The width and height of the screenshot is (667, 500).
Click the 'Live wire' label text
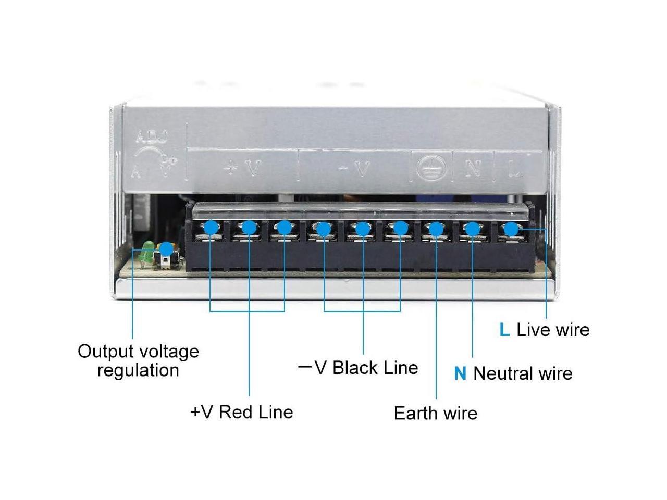click(x=553, y=330)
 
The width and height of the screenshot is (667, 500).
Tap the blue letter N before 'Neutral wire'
click(x=460, y=373)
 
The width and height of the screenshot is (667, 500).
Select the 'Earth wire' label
click(x=435, y=413)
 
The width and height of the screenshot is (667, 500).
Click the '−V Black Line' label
click(x=359, y=368)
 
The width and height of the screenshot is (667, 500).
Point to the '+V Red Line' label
click(x=242, y=412)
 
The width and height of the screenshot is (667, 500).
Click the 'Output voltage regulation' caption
click(x=138, y=360)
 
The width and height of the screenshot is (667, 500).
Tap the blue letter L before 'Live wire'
click(x=504, y=330)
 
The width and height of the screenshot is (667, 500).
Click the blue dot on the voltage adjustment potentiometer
click(x=166, y=249)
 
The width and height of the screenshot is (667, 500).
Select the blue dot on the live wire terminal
click(x=511, y=229)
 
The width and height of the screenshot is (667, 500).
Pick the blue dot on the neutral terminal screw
click(x=472, y=229)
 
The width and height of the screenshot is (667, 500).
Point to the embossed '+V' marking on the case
click(x=242, y=168)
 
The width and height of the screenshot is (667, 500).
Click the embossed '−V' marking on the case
click(x=355, y=168)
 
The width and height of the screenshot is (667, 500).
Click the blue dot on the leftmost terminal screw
click(x=211, y=227)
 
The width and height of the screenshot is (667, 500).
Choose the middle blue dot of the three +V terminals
click(x=249, y=228)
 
